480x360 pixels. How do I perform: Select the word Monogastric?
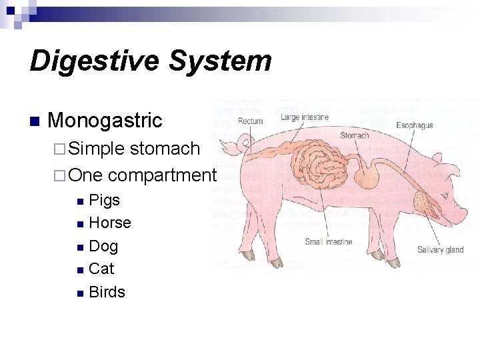(105, 121)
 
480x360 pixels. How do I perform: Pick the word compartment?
(162, 175)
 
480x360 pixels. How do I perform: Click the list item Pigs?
(105, 199)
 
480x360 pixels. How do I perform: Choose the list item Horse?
(110, 223)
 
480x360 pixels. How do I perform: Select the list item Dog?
(103, 246)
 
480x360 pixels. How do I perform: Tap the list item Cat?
(101, 269)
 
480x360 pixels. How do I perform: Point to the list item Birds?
(107, 292)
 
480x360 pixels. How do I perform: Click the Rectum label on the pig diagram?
(251, 121)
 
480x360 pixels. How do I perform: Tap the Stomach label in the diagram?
(354, 135)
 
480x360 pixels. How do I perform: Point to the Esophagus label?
(415, 125)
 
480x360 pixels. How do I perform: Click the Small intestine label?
(329, 242)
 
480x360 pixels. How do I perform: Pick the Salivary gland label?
(441, 250)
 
